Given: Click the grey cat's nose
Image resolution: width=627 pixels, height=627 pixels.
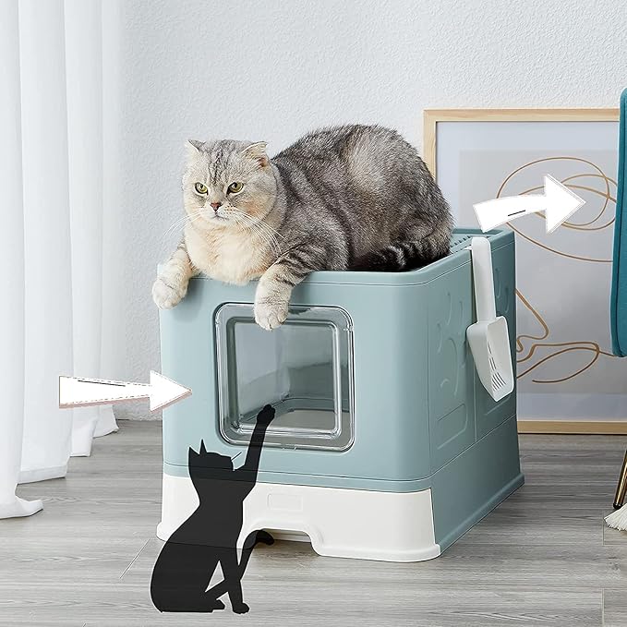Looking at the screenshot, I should [x=215, y=204].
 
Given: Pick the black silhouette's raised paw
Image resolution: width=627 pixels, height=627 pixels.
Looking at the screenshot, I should [x=266, y=413].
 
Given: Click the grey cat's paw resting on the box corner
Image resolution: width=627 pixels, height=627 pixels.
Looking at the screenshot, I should [x=169, y=292].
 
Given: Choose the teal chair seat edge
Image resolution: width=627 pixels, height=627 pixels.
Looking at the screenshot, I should [x=618, y=231].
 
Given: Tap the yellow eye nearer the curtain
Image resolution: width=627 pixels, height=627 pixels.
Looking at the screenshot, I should [x=200, y=188].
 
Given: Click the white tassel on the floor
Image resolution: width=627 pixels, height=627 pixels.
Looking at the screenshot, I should [x=617, y=517].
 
